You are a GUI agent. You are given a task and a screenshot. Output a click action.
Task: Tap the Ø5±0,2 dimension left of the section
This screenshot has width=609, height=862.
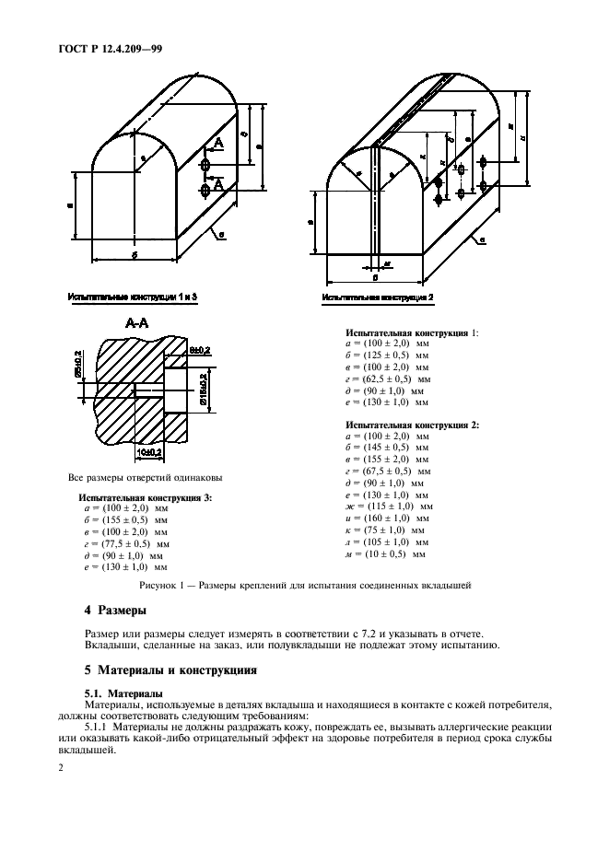(76, 364)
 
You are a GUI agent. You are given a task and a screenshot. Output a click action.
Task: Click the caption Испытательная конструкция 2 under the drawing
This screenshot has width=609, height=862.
(378, 297)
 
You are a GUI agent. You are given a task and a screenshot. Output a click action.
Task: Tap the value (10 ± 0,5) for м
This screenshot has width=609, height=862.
(388, 554)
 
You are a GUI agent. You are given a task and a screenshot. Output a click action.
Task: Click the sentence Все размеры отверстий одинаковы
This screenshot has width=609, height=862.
(146, 478)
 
